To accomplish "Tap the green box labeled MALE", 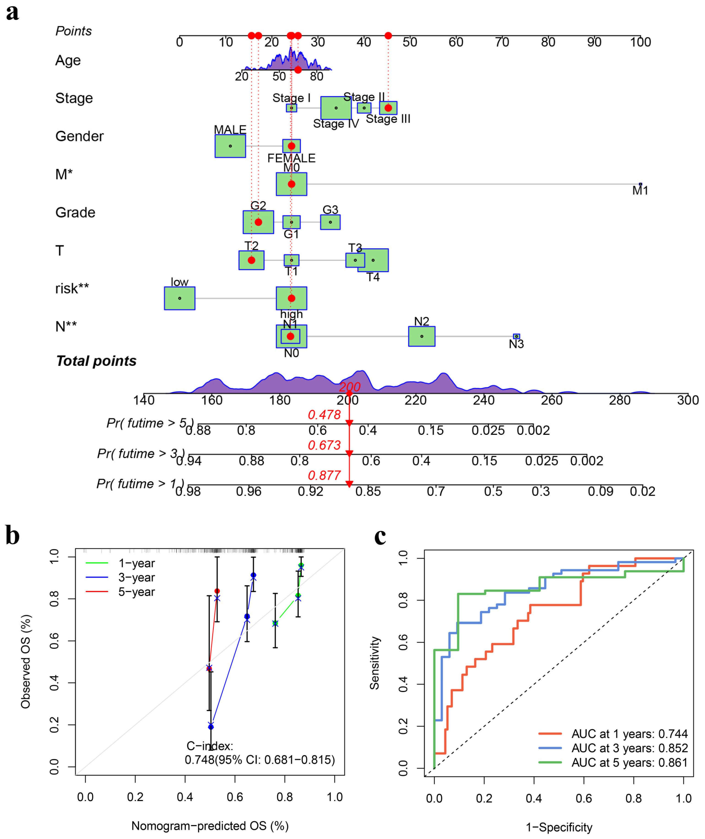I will pos(230,146).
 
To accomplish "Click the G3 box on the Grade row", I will pos(330,222).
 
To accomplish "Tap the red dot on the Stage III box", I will pos(388,108).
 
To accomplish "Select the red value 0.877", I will pos(324,475).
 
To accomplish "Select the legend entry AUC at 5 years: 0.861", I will pos(629,763).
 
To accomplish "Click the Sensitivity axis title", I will pos(375,663).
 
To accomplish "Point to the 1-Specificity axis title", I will pos(559,827).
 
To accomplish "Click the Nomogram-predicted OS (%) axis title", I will pos(210,826).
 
